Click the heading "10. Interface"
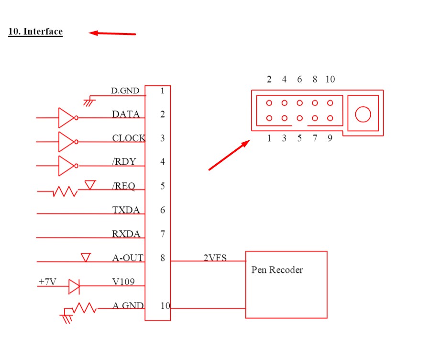[x=35, y=32]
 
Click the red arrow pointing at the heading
[x=112, y=34]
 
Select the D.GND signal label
[x=125, y=90]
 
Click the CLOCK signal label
[x=129, y=138]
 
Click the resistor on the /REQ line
[x=65, y=191]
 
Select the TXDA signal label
[x=126, y=210]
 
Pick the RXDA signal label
[x=126, y=234]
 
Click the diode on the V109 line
[x=74, y=286]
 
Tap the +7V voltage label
[x=48, y=281]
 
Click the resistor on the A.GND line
[x=85, y=308]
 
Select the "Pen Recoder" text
[x=277, y=270]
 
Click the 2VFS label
[x=215, y=258]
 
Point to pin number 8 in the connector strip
[x=163, y=258]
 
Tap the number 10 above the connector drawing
[x=330, y=79]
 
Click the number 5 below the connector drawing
[x=299, y=138]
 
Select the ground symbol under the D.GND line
[x=89, y=101]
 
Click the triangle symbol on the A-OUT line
[x=86, y=258]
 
